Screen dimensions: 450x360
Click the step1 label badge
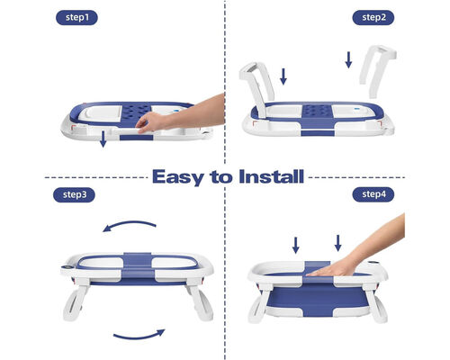pos(76,18)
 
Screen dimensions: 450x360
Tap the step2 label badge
pos(373,18)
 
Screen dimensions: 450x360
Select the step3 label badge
pos(74,195)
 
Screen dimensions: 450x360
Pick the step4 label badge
pos(373,194)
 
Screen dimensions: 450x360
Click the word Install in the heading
pos(272,176)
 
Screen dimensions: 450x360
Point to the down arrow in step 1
pos(103,139)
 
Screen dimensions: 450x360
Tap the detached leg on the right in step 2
pos(377,70)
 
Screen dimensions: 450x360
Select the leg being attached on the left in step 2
pos(257,88)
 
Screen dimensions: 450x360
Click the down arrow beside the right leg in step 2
pos(348,59)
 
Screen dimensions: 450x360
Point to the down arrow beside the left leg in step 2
pos(283,76)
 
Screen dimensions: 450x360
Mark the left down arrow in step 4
pos(295,245)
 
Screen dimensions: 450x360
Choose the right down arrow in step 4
pos(337,243)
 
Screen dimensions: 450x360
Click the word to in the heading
pos(221,177)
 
